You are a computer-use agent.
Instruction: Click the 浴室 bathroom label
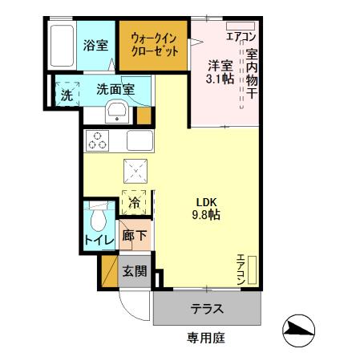click(x=95, y=46)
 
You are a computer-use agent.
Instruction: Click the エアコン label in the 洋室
click(x=241, y=36)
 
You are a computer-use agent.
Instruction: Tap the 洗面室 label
click(x=115, y=91)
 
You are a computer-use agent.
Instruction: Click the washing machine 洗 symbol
click(x=67, y=93)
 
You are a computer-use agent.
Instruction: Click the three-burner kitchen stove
click(x=99, y=140)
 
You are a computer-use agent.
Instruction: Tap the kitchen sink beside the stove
click(x=138, y=141)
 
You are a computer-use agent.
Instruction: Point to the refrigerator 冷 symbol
click(x=134, y=203)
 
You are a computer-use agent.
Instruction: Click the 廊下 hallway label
click(x=135, y=237)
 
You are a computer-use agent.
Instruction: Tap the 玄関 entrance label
click(x=135, y=271)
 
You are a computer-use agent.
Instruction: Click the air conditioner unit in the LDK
click(x=252, y=270)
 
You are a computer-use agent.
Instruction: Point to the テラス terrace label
click(x=206, y=309)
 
